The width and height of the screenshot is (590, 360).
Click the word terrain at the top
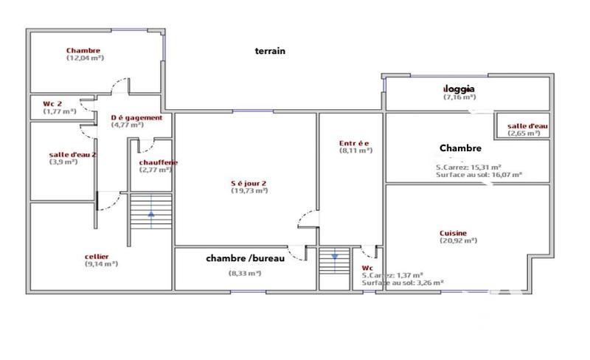click(270, 52)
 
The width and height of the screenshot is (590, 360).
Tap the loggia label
click(459, 89)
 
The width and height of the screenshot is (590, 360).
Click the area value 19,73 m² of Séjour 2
click(249, 190)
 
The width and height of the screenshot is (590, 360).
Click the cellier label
click(97, 257)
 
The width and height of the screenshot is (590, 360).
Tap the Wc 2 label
click(52, 103)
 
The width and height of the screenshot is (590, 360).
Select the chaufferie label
click(159, 162)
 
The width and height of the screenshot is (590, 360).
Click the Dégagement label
click(131, 117)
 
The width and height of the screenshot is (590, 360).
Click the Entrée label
click(355, 142)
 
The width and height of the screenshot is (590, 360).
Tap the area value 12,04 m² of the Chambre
click(84, 58)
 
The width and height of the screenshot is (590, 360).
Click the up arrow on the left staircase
click(151, 215)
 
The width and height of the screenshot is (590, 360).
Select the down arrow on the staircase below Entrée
click(335, 257)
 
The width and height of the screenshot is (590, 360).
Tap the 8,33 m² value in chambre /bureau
click(245, 273)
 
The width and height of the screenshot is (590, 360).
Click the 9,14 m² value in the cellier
click(101, 263)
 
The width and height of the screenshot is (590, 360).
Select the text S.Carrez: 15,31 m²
click(468, 167)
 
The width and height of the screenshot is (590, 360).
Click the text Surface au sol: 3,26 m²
click(403, 282)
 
